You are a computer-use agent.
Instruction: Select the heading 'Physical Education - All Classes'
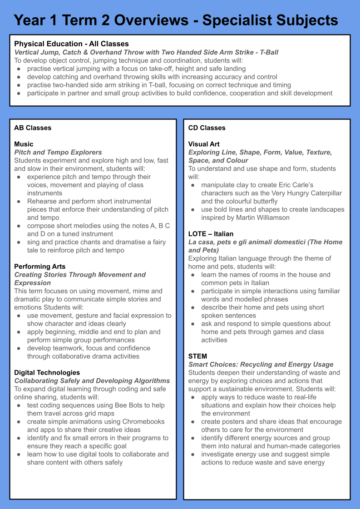point(71,44)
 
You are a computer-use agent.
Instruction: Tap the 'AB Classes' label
point(33,128)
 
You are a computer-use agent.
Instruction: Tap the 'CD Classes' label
point(207,128)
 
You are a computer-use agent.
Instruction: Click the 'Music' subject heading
point(24,144)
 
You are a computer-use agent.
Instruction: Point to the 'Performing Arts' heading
point(40,267)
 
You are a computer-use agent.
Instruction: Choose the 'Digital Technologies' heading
point(47,373)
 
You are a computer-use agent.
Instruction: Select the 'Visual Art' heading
point(204,144)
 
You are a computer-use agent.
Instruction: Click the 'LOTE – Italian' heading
point(211,234)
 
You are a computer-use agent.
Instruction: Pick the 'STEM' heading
point(197,356)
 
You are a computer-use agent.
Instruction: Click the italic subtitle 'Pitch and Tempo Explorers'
point(58,153)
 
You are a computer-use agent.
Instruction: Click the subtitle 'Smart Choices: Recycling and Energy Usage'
point(261,365)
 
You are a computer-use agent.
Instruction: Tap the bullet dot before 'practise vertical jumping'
point(19,69)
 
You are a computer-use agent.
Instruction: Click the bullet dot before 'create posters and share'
point(193,422)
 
